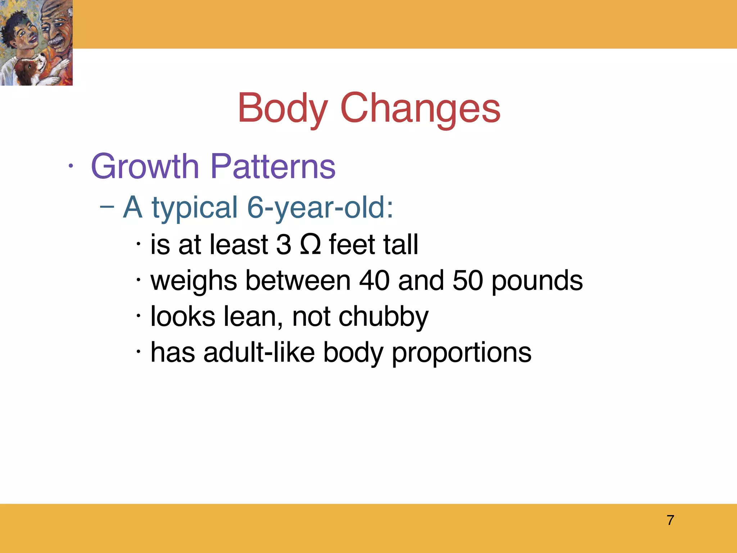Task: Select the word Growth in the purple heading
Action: pyautogui.click(x=145, y=166)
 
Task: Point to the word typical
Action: pyautogui.click(x=195, y=208)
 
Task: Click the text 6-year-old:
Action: pyautogui.click(x=320, y=208)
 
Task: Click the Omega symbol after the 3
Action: pyautogui.click(x=310, y=244)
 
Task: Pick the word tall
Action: pyautogui.click(x=401, y=244)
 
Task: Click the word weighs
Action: pyautogui.click(x=193, y=280)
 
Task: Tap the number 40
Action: pyautogui.click(x=374, y=280)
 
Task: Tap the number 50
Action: pyautogui.click(x=467, y=280)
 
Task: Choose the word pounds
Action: pyautogui.click(x=537, y=280)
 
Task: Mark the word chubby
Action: pyautogui.click(x=384, y=316)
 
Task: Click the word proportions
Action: pyautogui.click(x=461, y=352)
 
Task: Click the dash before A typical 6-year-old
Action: pyautogui.click(x=107, y=207)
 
